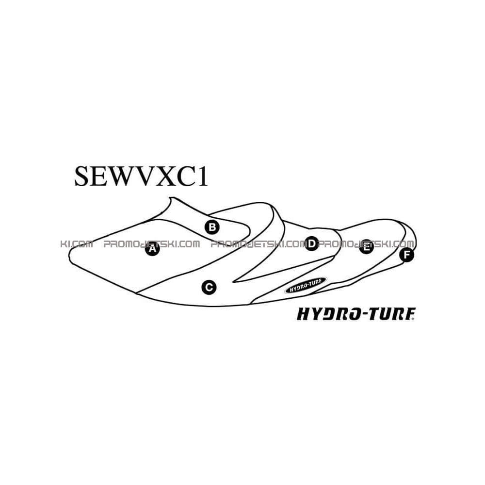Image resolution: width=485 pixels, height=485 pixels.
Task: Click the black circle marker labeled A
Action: tap(152, 249)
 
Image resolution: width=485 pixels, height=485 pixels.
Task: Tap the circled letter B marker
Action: tap(212, 227)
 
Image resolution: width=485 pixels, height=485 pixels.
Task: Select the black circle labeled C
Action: tap(209, 287)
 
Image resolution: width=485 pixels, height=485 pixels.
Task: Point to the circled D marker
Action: tap(312, 244)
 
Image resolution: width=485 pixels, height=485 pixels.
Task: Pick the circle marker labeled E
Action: tap(366, 246)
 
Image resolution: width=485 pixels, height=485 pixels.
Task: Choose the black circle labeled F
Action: tap(407, 255)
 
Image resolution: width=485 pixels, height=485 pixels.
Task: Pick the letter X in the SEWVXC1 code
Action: tap(167, 177)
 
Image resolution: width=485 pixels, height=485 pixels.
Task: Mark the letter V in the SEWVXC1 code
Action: tap(146, 177)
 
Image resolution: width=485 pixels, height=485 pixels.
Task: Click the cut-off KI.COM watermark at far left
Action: tap(77, 244)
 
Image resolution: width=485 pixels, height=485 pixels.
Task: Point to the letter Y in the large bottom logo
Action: tap(316, 314)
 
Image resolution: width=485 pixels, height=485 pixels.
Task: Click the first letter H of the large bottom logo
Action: tap(304, 314)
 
